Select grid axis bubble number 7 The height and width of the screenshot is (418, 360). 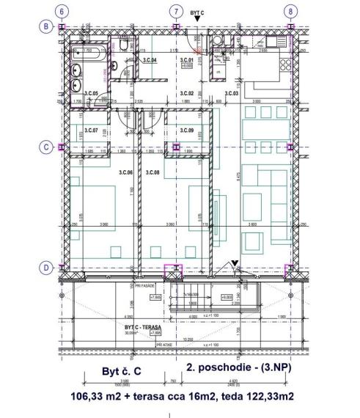pyautogui.click(x=175, y=11)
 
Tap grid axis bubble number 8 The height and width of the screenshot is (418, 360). pyautogui.click(x=291, y=11)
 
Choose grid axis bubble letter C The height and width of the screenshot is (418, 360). pyautogui.click(x=45, y=147)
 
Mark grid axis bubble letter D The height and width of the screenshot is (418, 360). pyautogui.click(x=45, y=268)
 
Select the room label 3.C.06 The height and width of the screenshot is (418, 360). pyautogui.click(x=125, y=172)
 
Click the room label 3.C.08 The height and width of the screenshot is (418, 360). pyautogui.click(x=152, y=172)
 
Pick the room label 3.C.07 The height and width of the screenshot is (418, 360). pyautogui.click(x=91, y=131)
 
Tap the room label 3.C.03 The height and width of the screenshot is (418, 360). pyautogui.click(x=232, y=93)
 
